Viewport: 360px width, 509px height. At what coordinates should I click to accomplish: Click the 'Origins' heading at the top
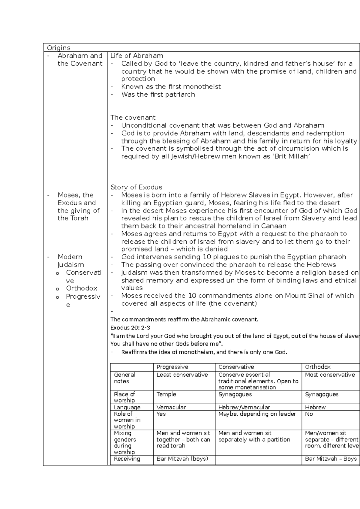(58, 48)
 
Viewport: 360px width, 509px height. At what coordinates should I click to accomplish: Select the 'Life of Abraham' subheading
(137, 56)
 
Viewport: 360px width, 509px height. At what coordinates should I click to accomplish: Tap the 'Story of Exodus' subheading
(136, 187)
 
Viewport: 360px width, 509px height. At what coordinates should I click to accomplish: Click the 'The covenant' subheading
(133, 117)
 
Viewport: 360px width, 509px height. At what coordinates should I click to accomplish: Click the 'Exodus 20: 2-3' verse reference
(130, 328)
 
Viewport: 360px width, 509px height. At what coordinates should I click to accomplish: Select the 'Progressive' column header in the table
(172, 367)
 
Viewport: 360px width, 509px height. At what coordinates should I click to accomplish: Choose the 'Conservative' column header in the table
(236, 367)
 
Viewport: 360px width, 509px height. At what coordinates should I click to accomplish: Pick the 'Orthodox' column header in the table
(318, 367)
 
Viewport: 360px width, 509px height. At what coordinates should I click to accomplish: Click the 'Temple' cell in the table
(166, 394)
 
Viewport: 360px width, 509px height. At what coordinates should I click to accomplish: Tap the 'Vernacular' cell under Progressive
(171, 407)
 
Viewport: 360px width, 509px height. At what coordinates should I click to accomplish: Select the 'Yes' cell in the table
(161, 414)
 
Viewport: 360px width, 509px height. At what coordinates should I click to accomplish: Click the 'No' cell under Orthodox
(309, 414)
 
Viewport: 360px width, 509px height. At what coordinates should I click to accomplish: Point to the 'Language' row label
(127, 407)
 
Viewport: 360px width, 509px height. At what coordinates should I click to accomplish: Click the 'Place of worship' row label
(124, 397)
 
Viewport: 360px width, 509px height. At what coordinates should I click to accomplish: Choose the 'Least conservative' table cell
(182, 375)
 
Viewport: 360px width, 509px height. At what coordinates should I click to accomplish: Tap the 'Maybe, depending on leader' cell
(257, 414)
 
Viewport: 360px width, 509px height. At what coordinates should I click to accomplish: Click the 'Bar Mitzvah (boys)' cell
(182, 459)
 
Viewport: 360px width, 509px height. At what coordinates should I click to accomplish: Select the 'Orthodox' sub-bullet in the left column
(82, 288)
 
